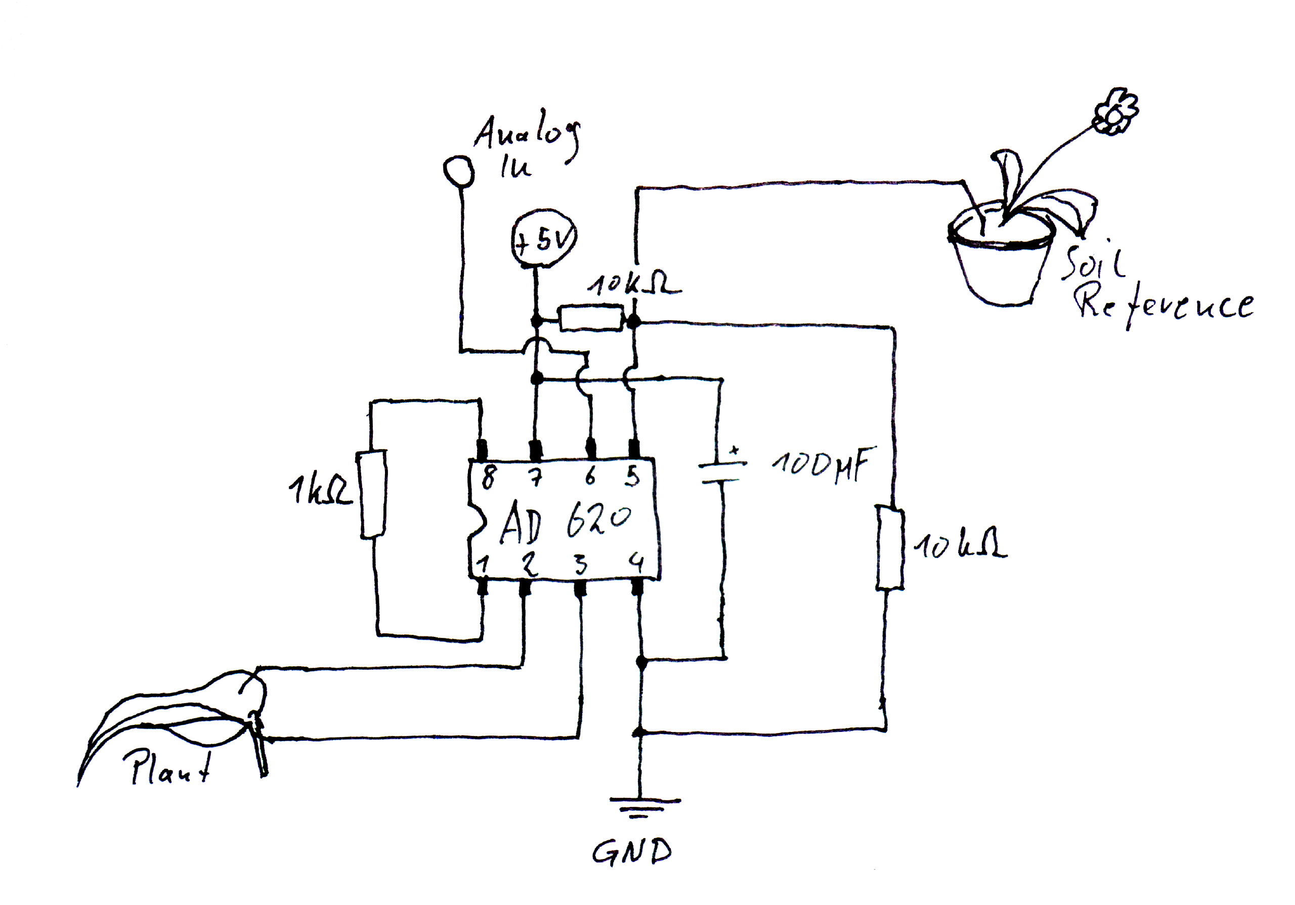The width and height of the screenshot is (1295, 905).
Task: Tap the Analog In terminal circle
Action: tap(458, 170)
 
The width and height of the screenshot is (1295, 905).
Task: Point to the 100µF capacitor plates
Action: tap(721, 472)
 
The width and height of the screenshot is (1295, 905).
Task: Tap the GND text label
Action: tap(632, 851)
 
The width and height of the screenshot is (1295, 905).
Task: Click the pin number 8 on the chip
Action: tap(489, 478)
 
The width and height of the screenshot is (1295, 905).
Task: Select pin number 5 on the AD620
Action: tap(633, 477)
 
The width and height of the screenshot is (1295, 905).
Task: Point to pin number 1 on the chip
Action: tap(483, 565)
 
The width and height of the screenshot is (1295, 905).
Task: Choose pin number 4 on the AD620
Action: tap(636, 564)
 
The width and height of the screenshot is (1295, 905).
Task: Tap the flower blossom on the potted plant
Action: tap(1115, 111)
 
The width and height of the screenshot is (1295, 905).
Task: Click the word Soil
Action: tap(1094, 262)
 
